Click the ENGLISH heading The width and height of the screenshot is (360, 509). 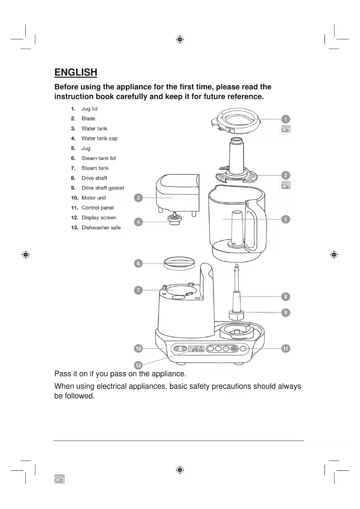tap(76, 72)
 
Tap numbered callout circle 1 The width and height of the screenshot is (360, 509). tap(285, 119)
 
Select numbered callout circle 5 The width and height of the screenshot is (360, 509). tap(285, 219)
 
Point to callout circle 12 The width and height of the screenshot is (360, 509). tap(138, 365)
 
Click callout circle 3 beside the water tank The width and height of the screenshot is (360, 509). tap(138, 198)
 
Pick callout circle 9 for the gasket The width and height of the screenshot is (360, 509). tap(285, 313)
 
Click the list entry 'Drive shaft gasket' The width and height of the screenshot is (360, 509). tap(103, 188)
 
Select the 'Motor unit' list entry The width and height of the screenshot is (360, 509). tap(94, 198)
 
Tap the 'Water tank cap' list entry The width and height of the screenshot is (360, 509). tap(99, 138)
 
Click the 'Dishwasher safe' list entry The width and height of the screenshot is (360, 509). tap(101, 228)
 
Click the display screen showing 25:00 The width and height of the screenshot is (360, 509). tap(196, 349)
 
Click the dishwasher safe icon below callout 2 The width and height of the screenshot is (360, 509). tap(285, 185)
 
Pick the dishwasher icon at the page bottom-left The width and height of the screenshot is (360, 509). tap(59, 479)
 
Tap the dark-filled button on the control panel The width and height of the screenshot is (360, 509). tap(234, 349)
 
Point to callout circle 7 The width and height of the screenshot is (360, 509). tap(138, 290)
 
